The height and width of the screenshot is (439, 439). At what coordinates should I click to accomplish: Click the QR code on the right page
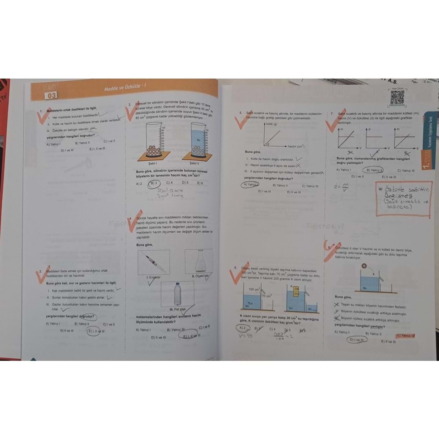pyautogui.click(x=397, y=99)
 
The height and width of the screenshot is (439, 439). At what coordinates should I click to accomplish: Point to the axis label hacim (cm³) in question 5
pyautogui.click(x=296, y=146)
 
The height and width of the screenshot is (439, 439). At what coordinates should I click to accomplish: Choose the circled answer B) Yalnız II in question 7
pyautogui.click(x=375, y=170)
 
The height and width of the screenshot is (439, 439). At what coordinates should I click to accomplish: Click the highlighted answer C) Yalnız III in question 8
pyautogui.click(x=406, y=336)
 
